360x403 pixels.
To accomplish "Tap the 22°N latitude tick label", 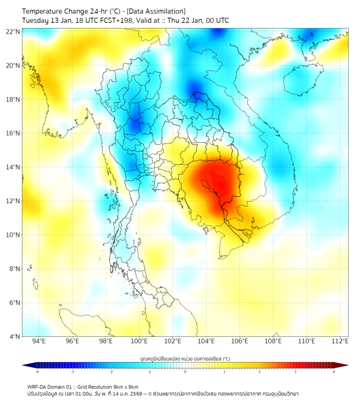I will pyautogui.click(x=13, y=31).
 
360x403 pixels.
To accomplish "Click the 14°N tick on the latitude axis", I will pyautogui.click(x=13, y=167).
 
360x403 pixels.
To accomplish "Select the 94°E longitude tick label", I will pyautogui.click(x=38, y=341).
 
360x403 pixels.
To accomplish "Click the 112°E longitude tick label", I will pyautogui.click(x=340, y=341).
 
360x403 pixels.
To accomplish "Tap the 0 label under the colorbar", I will pyautogui.click(x=185, y=372).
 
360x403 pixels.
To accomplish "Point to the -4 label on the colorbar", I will pyautogui.click(x=36, y=372).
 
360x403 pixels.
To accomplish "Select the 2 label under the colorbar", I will pyautogui.click(x=259, y=372).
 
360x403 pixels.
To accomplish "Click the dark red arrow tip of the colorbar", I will pyautogui.click(x=345, y=365).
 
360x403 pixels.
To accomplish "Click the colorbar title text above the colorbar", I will pyautogui.click(x=185, y=358).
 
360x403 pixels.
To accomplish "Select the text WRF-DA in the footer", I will pyautogui.click(x=37, y=387).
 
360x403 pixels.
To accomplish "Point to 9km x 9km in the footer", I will pyautogui.click(x=124, y=387).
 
